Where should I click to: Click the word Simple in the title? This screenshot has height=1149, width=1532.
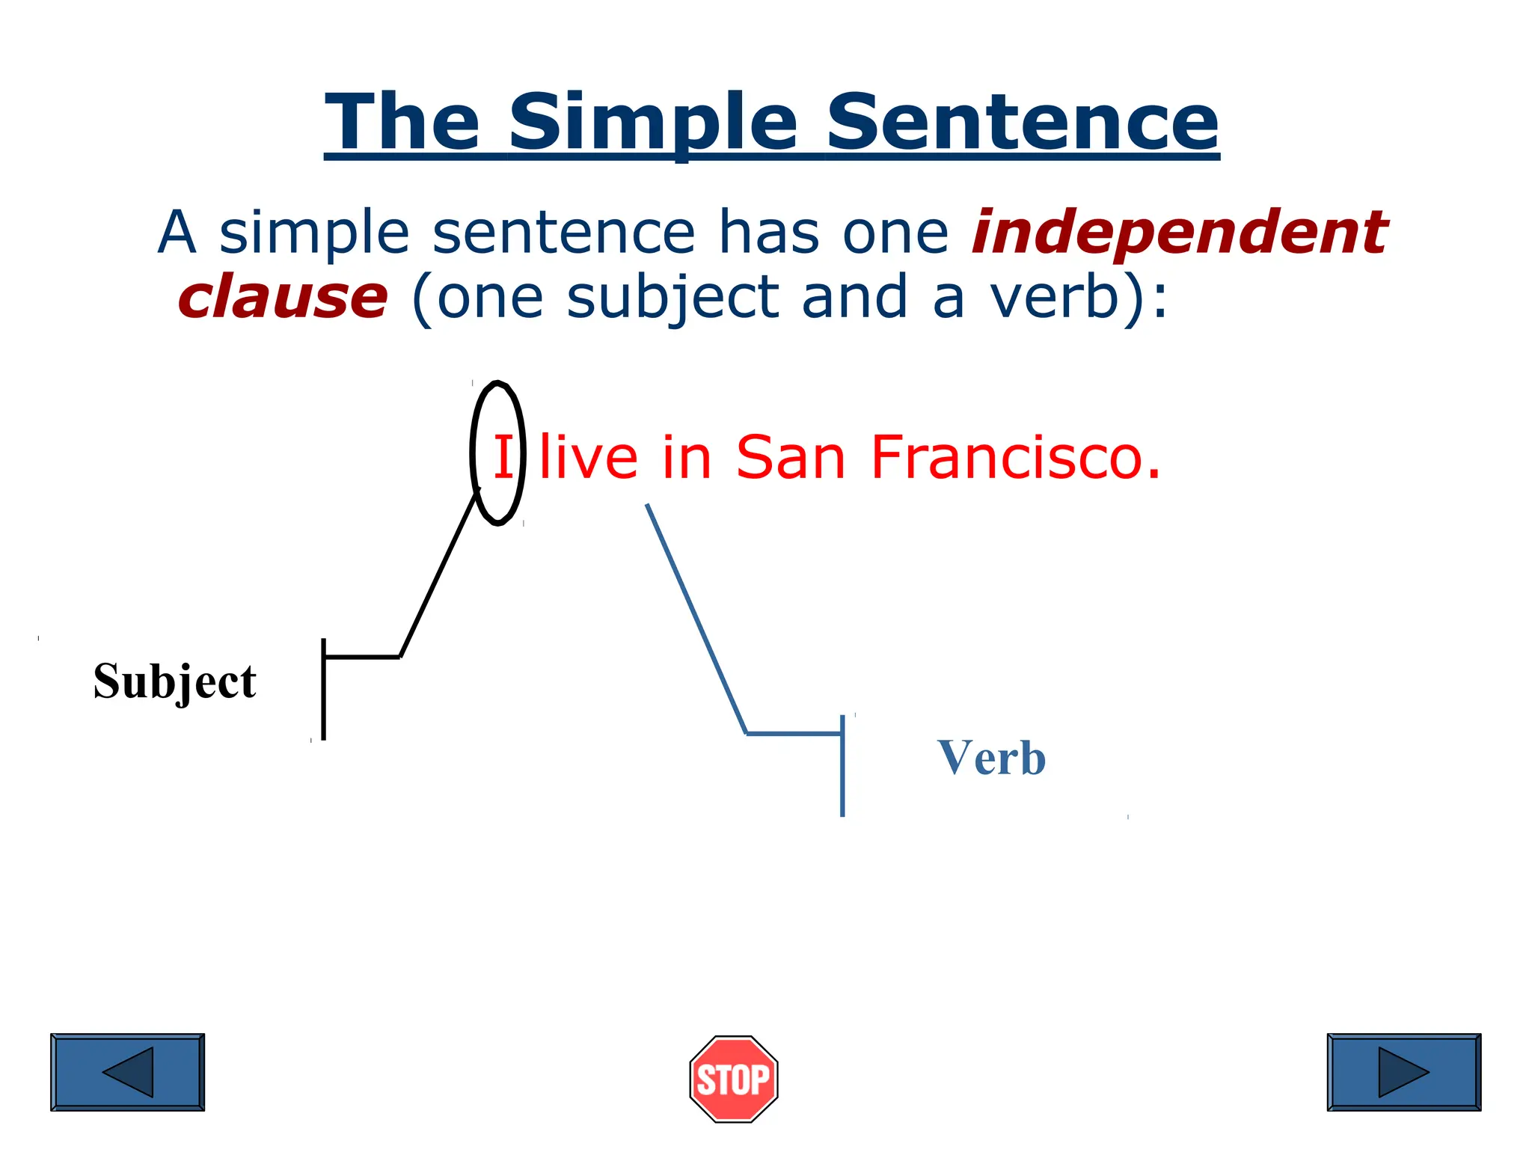click(653, 122)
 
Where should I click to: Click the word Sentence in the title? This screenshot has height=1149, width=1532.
click(1022, 122)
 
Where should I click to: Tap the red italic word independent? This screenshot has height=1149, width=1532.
click(1179, 232)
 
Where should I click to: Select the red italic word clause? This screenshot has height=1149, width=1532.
click(283, 298)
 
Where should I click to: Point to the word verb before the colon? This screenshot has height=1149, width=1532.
click(1055, 298)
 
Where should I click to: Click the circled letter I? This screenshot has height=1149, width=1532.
click(503, 457)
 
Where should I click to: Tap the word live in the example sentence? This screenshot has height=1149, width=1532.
click(589, 457)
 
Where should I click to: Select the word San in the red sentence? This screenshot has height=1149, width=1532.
click(790, 457)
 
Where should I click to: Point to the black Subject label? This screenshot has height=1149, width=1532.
click(174, 681)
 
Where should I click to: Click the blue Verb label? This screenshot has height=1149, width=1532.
click(991, 758)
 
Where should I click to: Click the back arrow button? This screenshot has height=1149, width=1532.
click(127, 1072)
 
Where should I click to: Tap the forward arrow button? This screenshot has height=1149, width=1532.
click(1403, 1072)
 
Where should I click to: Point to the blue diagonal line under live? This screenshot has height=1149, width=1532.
click(696, 618)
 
